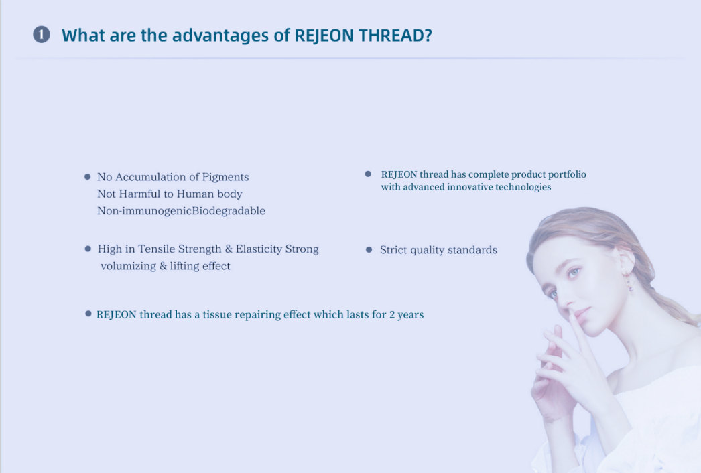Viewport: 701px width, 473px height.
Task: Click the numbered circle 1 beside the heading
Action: click(42, 34)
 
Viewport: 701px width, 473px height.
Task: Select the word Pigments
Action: click(225, 177)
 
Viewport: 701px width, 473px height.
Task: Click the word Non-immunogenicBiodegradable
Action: click(181, 210)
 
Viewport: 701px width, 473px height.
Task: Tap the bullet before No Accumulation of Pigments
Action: click(88, 177)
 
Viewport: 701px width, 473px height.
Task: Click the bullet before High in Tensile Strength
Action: click(88, 249)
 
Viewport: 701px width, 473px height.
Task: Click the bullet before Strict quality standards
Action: click(369, 249)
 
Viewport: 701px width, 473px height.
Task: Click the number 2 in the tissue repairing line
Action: click(392, 315)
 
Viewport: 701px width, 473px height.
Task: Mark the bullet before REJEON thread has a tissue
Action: click(88, 314)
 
